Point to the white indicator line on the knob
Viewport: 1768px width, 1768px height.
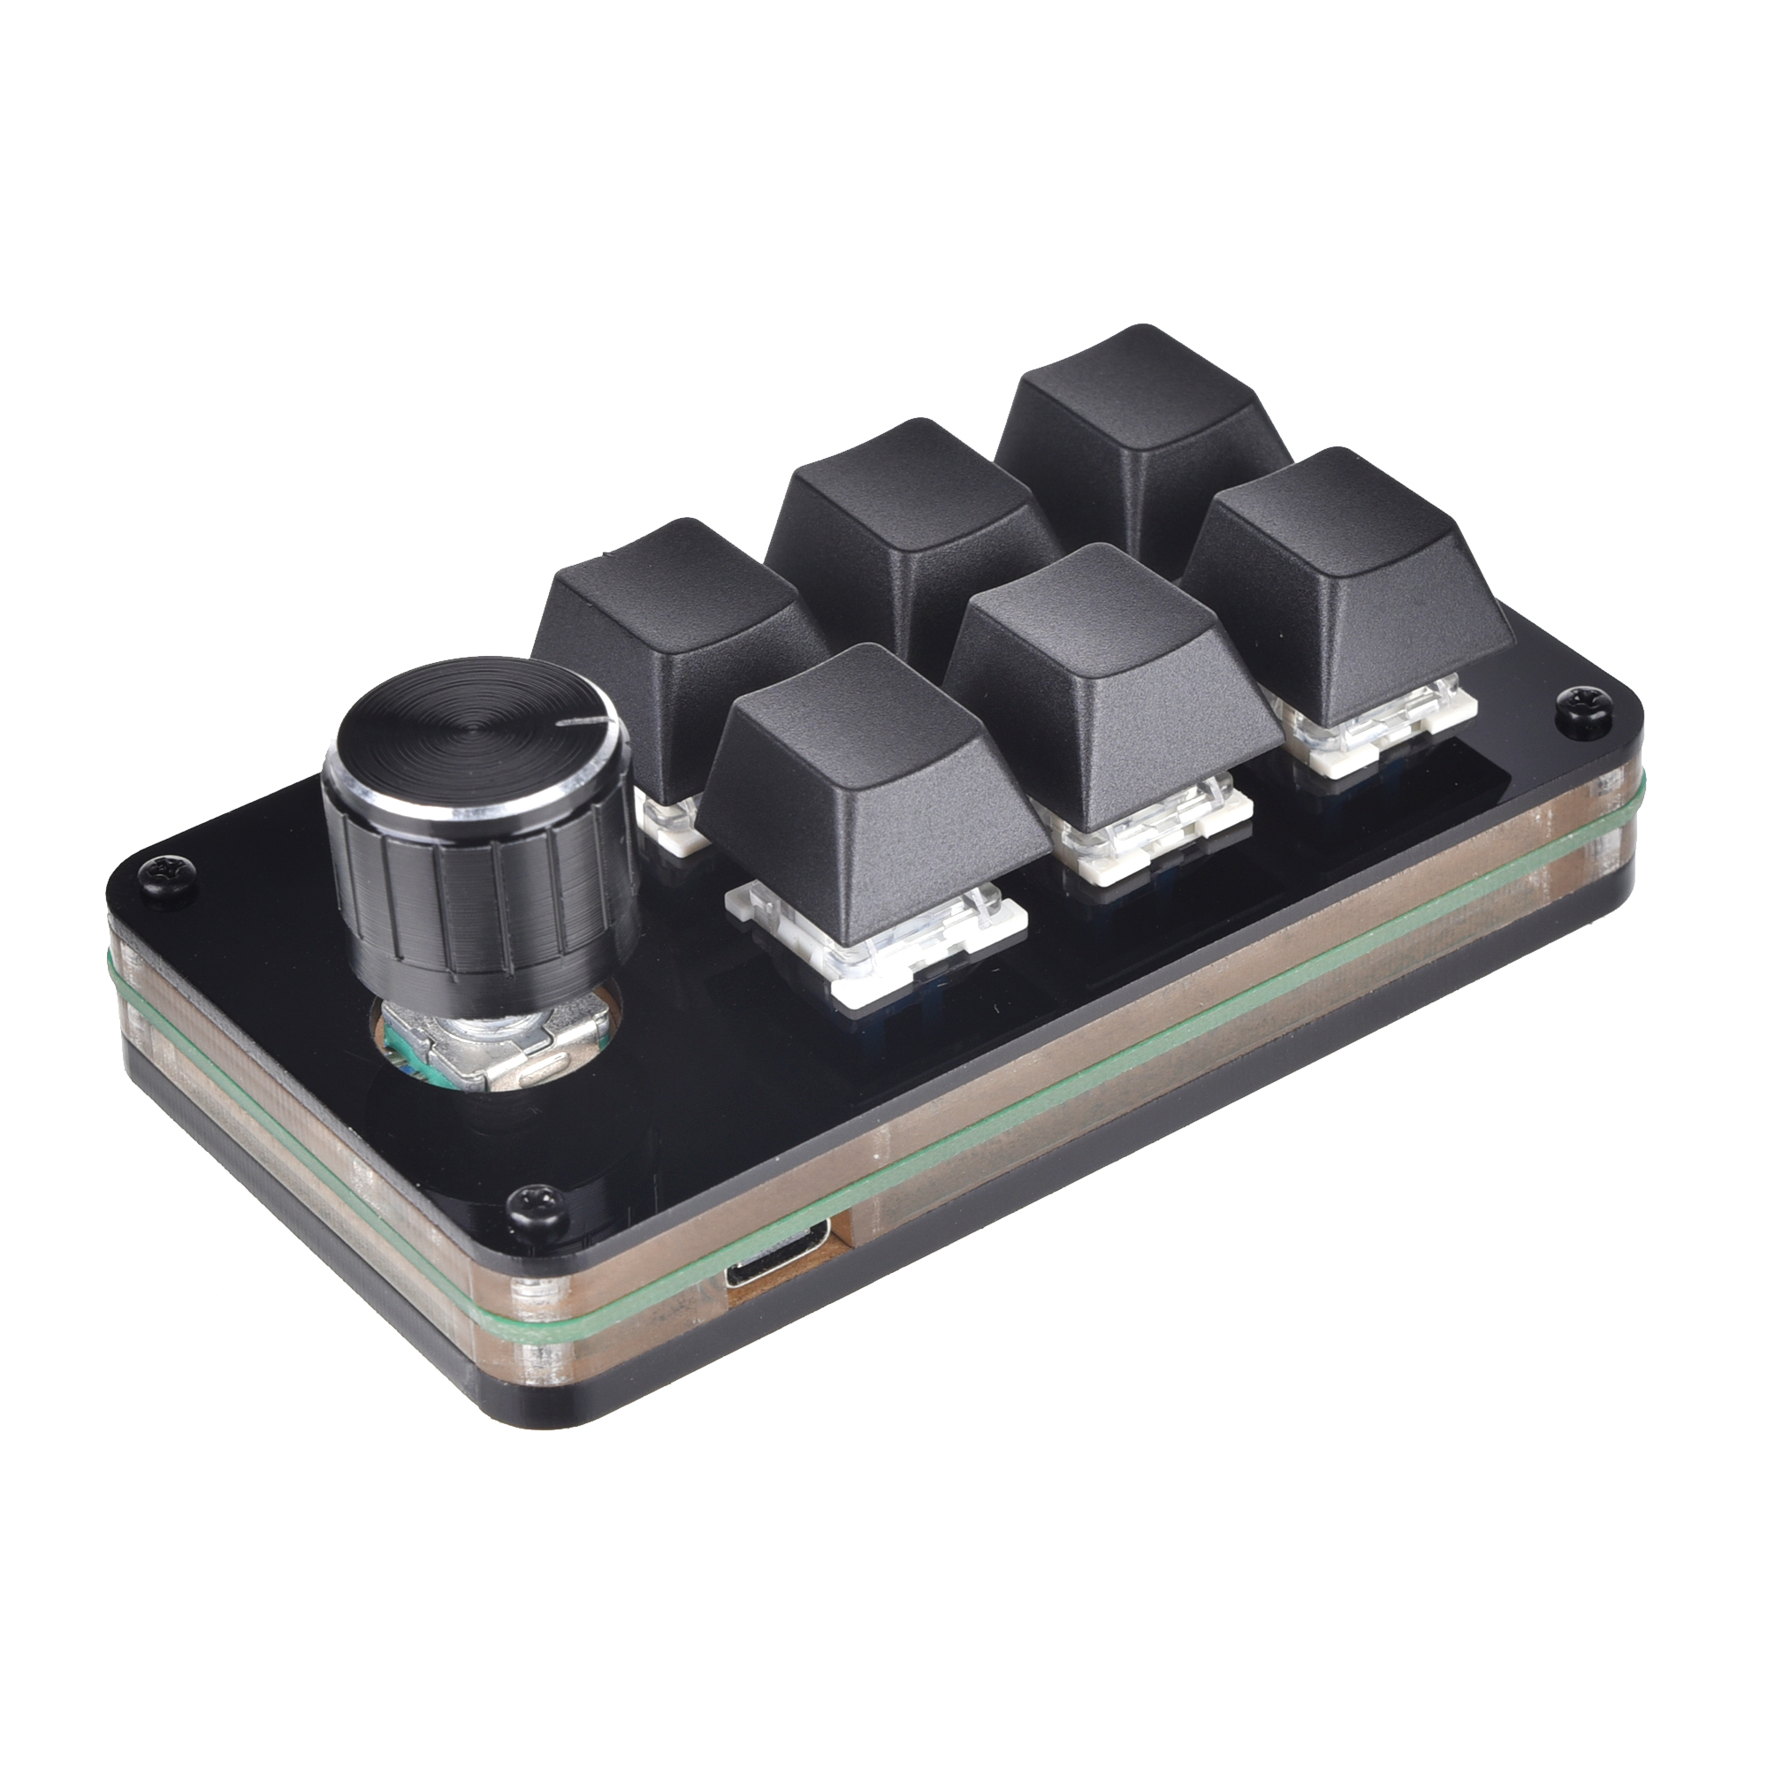pos(583,723)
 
